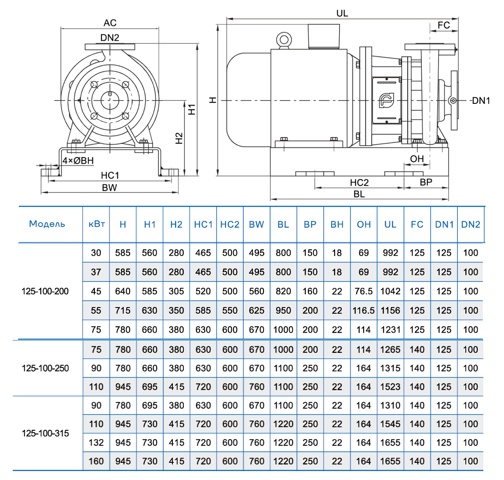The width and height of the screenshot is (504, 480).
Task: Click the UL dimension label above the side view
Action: tap(342, 13)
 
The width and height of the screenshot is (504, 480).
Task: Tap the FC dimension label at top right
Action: tap(444, 25)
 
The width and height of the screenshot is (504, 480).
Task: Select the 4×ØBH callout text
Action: tap(78, 161)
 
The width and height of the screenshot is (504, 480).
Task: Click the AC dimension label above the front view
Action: tap(110, 23)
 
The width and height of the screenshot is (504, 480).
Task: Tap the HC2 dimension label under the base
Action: tap(359, 183)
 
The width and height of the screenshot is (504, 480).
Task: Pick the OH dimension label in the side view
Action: tap(416, 159)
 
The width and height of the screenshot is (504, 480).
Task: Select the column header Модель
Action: tap(47, 224)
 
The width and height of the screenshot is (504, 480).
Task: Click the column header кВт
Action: tap(96, 224)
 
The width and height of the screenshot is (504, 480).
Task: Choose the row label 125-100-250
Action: tap(45, 368)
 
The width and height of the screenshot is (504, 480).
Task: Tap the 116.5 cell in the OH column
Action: tap(364, 310)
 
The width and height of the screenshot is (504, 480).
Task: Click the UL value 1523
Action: tap(390, 387)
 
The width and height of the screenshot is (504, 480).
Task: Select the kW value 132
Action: tap(96, 443)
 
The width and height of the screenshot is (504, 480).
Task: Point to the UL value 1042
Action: tap(390, 291)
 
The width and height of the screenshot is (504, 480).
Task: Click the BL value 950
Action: tap(283, 310)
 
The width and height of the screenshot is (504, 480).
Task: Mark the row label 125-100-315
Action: tap(45, 433)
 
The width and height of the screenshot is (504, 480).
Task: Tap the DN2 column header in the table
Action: tap(471, 224)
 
